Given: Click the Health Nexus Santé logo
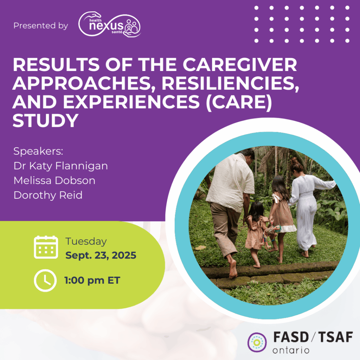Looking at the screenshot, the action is tap(110, 25).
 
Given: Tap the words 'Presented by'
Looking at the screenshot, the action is tap(41, 26).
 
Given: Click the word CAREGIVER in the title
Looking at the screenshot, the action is tap(240, 65).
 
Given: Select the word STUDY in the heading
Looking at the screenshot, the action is tap(45, 121).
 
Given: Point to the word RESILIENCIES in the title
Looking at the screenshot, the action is tap(231, 83).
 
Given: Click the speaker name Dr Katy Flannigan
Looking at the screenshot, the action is tap(60, 166).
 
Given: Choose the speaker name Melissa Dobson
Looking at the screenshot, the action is tap(54, 180).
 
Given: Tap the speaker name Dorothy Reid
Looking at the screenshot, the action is tap(48, 195).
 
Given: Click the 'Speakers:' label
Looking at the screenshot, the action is tap(38, 151).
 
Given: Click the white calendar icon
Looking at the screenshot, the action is tap(46, 247).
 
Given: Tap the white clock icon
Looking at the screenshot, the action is tap(45, 280).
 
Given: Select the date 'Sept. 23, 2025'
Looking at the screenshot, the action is tap(101, 256).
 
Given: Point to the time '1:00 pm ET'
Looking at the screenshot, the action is tap(92, 281).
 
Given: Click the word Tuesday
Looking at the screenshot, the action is tap(86, 242).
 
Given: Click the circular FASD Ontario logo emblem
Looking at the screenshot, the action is tap(257, 342).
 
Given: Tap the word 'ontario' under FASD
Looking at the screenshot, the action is tap(291, 351).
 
